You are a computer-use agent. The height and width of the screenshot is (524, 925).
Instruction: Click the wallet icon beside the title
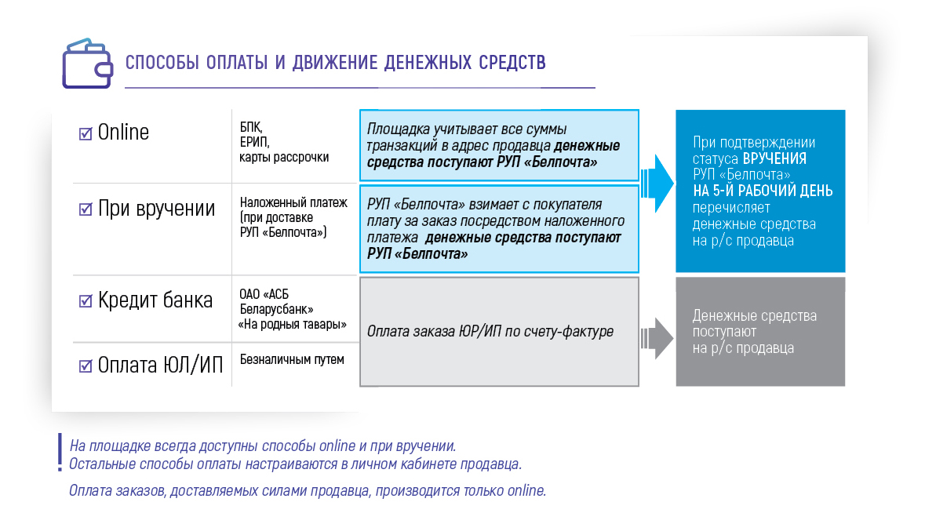click(87, 64)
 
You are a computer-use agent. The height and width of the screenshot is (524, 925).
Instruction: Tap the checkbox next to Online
click(86, 133)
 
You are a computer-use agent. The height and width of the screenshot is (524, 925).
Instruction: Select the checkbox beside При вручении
click(86, 209)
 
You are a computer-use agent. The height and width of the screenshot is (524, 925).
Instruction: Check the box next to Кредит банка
click(86, 301)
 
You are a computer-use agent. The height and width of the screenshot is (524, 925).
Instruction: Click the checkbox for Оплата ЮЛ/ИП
click(86, 366)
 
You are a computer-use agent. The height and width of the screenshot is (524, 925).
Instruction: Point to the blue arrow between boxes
click(657, 184)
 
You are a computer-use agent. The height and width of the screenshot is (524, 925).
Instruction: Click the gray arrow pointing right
click(657, 339)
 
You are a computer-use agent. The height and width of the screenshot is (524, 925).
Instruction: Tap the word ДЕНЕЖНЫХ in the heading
click(428, 63)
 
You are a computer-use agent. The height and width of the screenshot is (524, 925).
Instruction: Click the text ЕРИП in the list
click(254, 142)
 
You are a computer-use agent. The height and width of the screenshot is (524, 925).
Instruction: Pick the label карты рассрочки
click(284, 158)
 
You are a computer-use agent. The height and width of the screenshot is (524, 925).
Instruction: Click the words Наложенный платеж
click(293, 202)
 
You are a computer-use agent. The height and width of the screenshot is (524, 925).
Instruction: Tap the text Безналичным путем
click(292, 359)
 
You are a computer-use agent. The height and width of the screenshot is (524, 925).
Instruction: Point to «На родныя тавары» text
click(292, 325)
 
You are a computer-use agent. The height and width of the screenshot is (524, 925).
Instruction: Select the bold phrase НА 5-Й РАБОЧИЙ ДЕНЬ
click(763, 191)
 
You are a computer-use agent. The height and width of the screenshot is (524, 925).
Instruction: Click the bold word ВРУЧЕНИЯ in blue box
click(774, 158)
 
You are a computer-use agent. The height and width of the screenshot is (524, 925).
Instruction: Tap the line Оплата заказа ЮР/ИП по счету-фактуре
click(490, 332)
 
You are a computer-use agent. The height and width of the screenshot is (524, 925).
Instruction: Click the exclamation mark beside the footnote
click(60, 453)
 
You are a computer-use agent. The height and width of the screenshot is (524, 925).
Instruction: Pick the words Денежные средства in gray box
click(755, 315)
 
